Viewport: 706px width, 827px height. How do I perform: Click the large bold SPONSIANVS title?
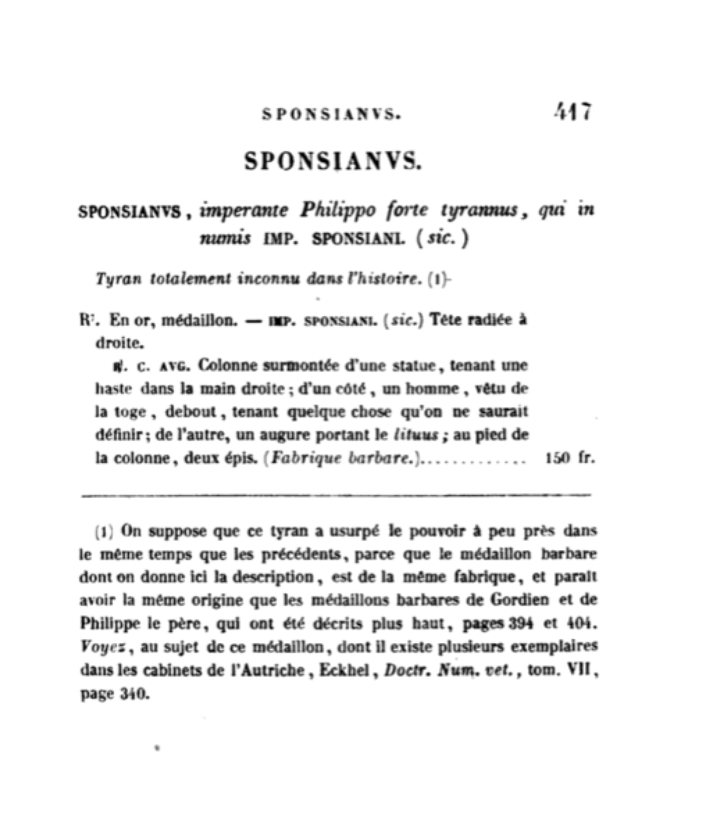(332, 161)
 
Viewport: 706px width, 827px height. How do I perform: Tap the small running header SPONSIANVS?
(331, 114)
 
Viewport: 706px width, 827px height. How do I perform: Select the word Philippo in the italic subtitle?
(338, 210)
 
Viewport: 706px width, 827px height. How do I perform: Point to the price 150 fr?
(569, 458)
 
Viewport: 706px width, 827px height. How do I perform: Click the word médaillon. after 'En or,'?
(199, 320)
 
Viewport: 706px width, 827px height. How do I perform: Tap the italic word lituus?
(416, 435)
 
